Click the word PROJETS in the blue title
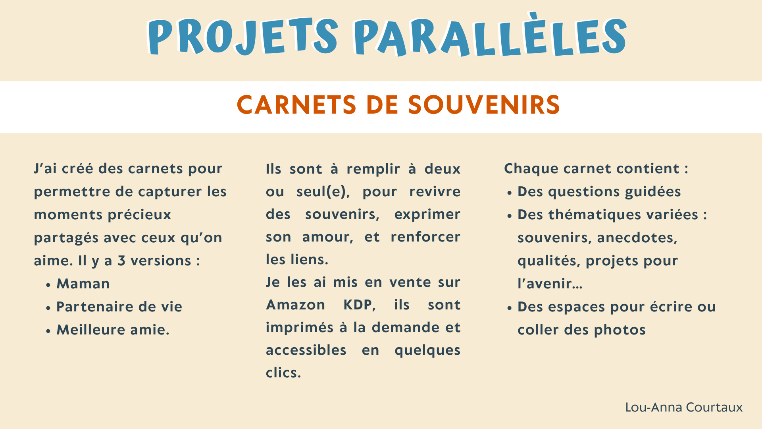243,37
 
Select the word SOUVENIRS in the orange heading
484,105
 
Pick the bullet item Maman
83,284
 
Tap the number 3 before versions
121,261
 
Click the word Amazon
296,305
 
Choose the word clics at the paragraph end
283,373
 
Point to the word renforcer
425,237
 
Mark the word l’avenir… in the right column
550,284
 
